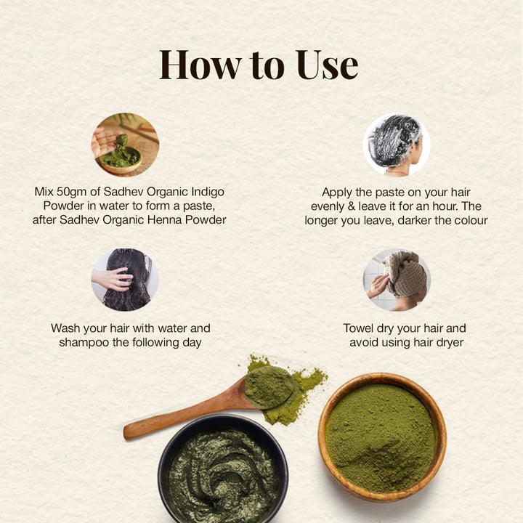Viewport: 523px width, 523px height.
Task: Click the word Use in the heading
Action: [327, 65]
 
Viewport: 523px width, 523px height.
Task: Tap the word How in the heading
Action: [200, 65]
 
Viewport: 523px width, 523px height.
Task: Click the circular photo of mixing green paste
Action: [125, 145]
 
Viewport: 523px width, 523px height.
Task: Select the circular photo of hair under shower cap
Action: [397, 145]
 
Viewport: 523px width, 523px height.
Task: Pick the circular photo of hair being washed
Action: [125, 280]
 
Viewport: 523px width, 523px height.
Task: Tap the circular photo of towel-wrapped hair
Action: [397, 280]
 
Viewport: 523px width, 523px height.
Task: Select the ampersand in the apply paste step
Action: [352, 206]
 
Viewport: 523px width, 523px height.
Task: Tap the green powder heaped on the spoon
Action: [269, 386]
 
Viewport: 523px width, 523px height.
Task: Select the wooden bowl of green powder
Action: [382, 437]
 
